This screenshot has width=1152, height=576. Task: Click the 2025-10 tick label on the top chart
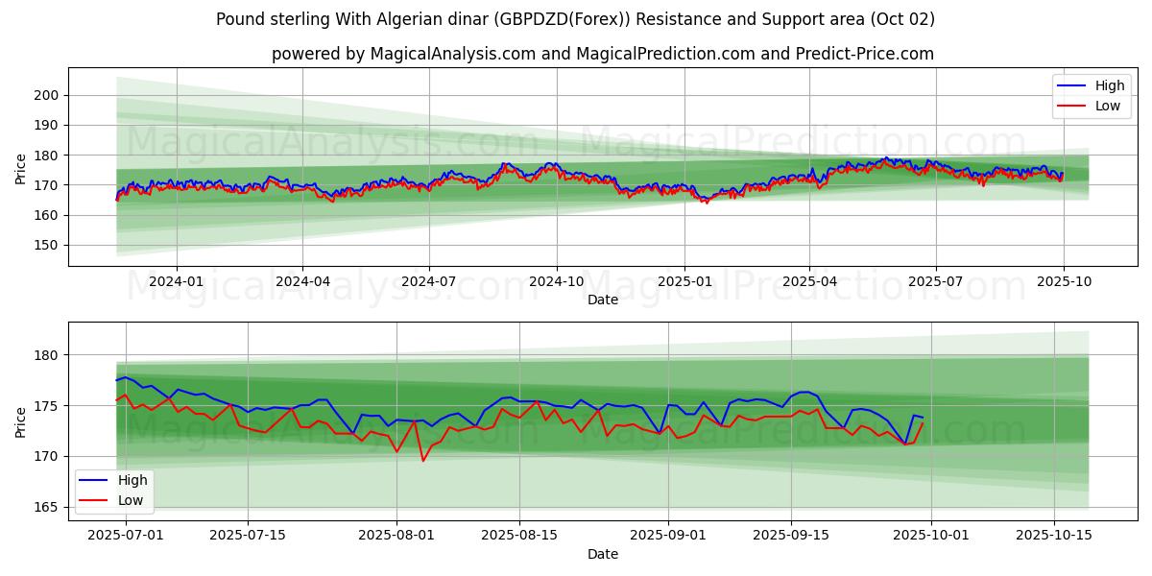pos(1062,281)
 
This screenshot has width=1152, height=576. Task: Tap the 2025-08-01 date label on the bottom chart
pos(396,536)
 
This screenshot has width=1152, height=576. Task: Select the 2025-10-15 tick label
pos(1054,536)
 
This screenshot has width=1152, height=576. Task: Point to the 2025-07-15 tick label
pos(248,536)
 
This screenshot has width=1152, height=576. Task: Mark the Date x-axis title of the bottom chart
pos(603,554)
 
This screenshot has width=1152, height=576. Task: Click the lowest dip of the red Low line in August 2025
pos(423,461)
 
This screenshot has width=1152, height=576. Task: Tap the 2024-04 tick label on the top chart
pos(302,281)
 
